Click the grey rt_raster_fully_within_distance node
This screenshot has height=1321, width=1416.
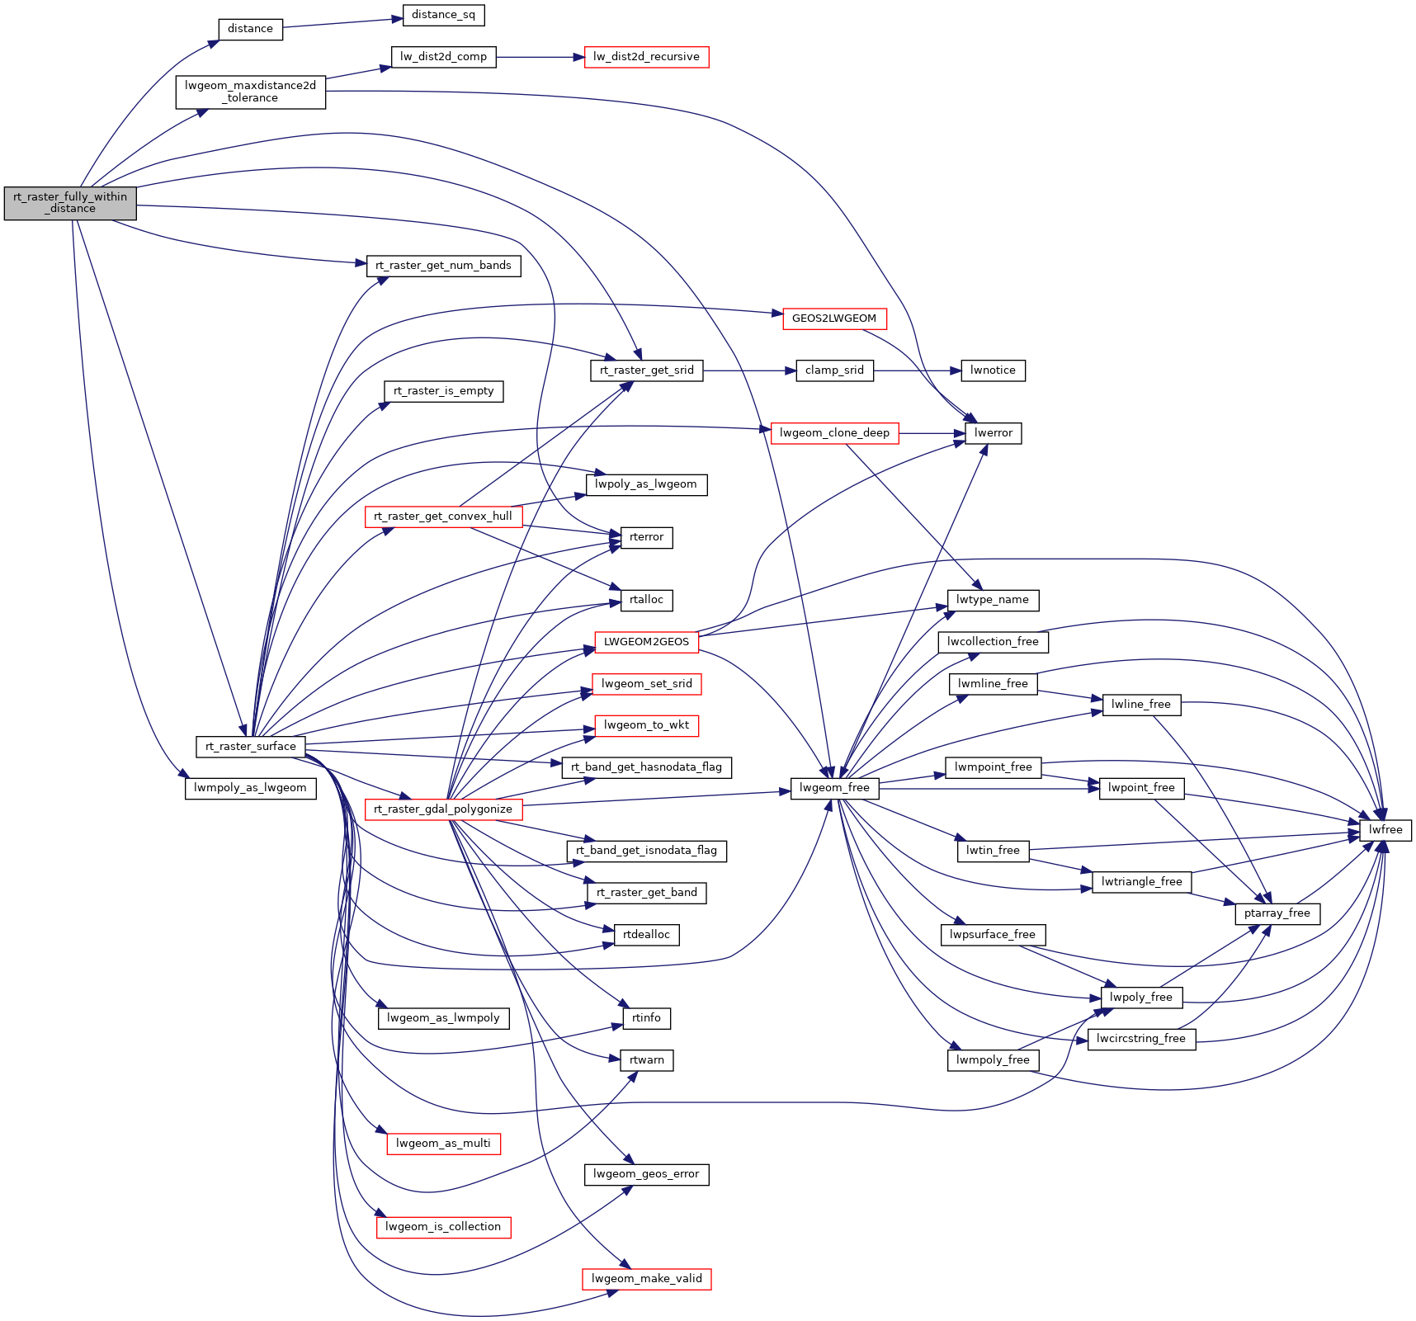tap(70, 203)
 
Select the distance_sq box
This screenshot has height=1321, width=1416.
tap(443, 15)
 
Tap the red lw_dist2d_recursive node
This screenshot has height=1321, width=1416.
tap(646, 57)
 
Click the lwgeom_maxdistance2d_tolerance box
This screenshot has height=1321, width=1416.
tap(250, 92)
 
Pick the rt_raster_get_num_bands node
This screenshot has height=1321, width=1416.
tap(443, 266)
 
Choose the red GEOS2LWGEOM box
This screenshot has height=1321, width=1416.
tap(833, 318)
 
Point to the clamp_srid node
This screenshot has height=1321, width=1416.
tap(834, 370)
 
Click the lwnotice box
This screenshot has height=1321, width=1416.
tap(993, 370)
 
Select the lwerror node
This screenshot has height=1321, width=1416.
tap(993, 433)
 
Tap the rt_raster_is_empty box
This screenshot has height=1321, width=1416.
tap(443, 391)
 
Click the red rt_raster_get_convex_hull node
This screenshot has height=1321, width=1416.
tap(443, 517)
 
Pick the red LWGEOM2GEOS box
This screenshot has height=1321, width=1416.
tap(646, 642)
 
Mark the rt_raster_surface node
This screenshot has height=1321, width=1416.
tap(250, 747)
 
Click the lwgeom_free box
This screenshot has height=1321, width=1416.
tap(834, 788)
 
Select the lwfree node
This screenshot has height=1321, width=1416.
tap(1385, 830)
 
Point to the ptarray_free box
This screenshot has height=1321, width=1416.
tap(1277, 913)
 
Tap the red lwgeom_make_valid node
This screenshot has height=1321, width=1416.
tap(646, 1279)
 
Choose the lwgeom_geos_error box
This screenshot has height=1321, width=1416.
tap(646, 1174)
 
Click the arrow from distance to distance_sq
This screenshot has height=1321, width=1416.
tap(342, 22)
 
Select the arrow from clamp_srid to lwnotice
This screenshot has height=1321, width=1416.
tap(917, 370)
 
